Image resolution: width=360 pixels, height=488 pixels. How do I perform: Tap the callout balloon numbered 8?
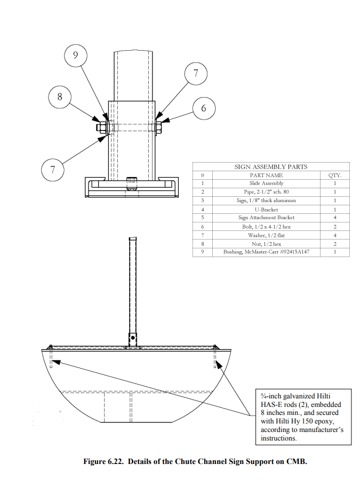click(x=59, y=97)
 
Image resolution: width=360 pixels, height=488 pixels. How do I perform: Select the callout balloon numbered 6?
click(x=203, y=108)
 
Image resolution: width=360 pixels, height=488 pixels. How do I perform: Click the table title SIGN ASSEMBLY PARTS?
click(x=270, y=167)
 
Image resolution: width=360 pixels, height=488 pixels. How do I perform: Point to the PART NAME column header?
click(x=266, y=175)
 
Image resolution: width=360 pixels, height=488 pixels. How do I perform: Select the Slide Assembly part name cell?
click(x=266, y=183)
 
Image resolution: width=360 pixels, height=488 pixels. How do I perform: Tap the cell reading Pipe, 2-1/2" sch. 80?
click(x=266, y=192)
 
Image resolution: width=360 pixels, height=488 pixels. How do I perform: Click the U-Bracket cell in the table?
click(x=266, y=210)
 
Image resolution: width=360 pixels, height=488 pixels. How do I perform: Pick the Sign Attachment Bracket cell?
click(x=266, y=218)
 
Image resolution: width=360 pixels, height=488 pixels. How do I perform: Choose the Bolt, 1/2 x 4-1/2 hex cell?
click(x=266, y=227)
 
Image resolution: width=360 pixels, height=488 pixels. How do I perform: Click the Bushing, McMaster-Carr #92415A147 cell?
click(x=266, y=252)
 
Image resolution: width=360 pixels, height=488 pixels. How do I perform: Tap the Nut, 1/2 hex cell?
click(x=266, y=244)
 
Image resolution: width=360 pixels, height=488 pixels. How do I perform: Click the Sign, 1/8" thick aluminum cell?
click(x=266, y=201)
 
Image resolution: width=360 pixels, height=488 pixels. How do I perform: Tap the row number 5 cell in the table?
click(x=203, y=218)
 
